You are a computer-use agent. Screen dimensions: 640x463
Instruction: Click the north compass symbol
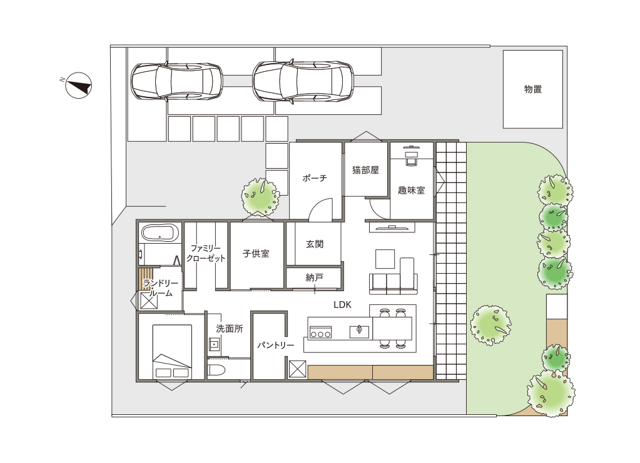79,86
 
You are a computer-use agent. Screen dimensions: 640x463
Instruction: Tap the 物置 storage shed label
532,89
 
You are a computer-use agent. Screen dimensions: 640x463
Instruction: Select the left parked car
176,81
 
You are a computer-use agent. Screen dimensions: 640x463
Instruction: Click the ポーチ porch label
315,178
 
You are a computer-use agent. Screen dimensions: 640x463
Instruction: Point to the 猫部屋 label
366,170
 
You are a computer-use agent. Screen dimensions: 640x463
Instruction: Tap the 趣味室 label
412,191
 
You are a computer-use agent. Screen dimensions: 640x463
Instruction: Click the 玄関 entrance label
315,244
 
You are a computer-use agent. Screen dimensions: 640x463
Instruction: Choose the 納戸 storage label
314,277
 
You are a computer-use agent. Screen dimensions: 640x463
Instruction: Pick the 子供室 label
256,254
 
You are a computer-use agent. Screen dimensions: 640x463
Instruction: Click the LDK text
342,305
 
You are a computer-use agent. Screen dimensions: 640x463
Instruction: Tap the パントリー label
275,346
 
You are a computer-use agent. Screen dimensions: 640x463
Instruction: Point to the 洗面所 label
230,329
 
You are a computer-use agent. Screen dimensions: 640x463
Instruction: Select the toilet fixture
216,370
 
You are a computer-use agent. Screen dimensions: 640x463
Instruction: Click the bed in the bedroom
172,352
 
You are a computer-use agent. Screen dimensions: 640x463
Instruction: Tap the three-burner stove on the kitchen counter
321,332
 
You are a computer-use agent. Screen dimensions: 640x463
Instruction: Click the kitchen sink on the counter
360,332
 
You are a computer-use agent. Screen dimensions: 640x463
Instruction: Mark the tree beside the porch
261,196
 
